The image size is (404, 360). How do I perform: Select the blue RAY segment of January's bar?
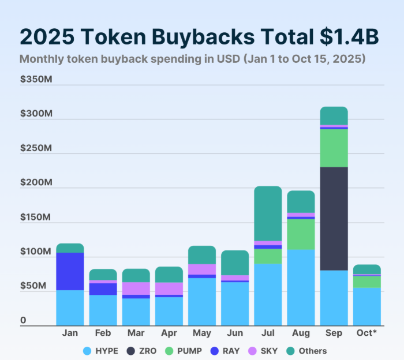[x=70, y=271]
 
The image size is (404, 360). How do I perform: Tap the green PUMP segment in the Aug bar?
[x=301, y=234]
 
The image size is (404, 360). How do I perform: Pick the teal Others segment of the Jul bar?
[x=268, y=213]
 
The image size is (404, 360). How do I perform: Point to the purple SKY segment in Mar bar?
[x=136, y=288]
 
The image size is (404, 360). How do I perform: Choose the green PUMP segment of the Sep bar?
[x=334, y=148]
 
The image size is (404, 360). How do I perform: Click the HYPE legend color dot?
[x=87, y=351]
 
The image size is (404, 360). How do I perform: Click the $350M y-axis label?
[x=36, y=79]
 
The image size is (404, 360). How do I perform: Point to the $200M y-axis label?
[x=36, y=182]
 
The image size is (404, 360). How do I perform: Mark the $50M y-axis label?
[x=33, y=286]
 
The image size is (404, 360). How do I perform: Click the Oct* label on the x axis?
[x=367, y=333]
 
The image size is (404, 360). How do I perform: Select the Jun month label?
[x=235, y=333]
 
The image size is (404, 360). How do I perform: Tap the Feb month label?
[x=103, y=333]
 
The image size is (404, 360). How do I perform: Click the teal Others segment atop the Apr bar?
[x=169, y=274]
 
